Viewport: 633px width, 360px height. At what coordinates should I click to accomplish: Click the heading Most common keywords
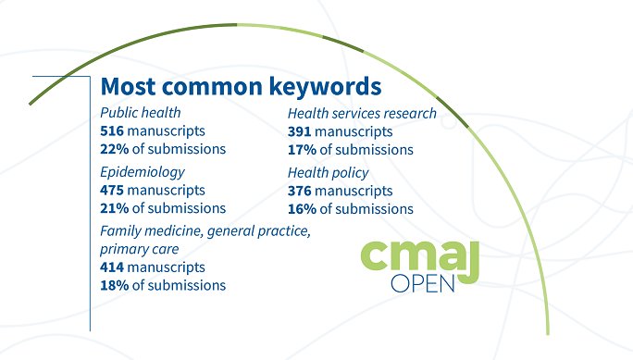241,86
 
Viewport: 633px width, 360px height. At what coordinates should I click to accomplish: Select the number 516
112,130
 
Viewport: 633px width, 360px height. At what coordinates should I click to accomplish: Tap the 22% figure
114,148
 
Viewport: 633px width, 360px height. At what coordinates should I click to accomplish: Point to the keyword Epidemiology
143,172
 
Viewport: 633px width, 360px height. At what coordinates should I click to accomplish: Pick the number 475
112,190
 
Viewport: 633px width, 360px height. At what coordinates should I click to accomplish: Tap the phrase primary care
139,249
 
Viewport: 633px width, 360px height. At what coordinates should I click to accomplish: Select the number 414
112,267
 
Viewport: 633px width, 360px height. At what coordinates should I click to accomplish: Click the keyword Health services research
362,113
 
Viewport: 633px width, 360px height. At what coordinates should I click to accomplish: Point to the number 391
300,131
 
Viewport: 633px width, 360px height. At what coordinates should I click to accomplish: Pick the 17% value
301,149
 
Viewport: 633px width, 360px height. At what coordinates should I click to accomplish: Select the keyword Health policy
328,173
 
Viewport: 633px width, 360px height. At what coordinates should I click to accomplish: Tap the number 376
300,191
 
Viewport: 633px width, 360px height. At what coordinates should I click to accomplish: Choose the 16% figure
301,208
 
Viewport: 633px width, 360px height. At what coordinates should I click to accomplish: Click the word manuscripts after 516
166,130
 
